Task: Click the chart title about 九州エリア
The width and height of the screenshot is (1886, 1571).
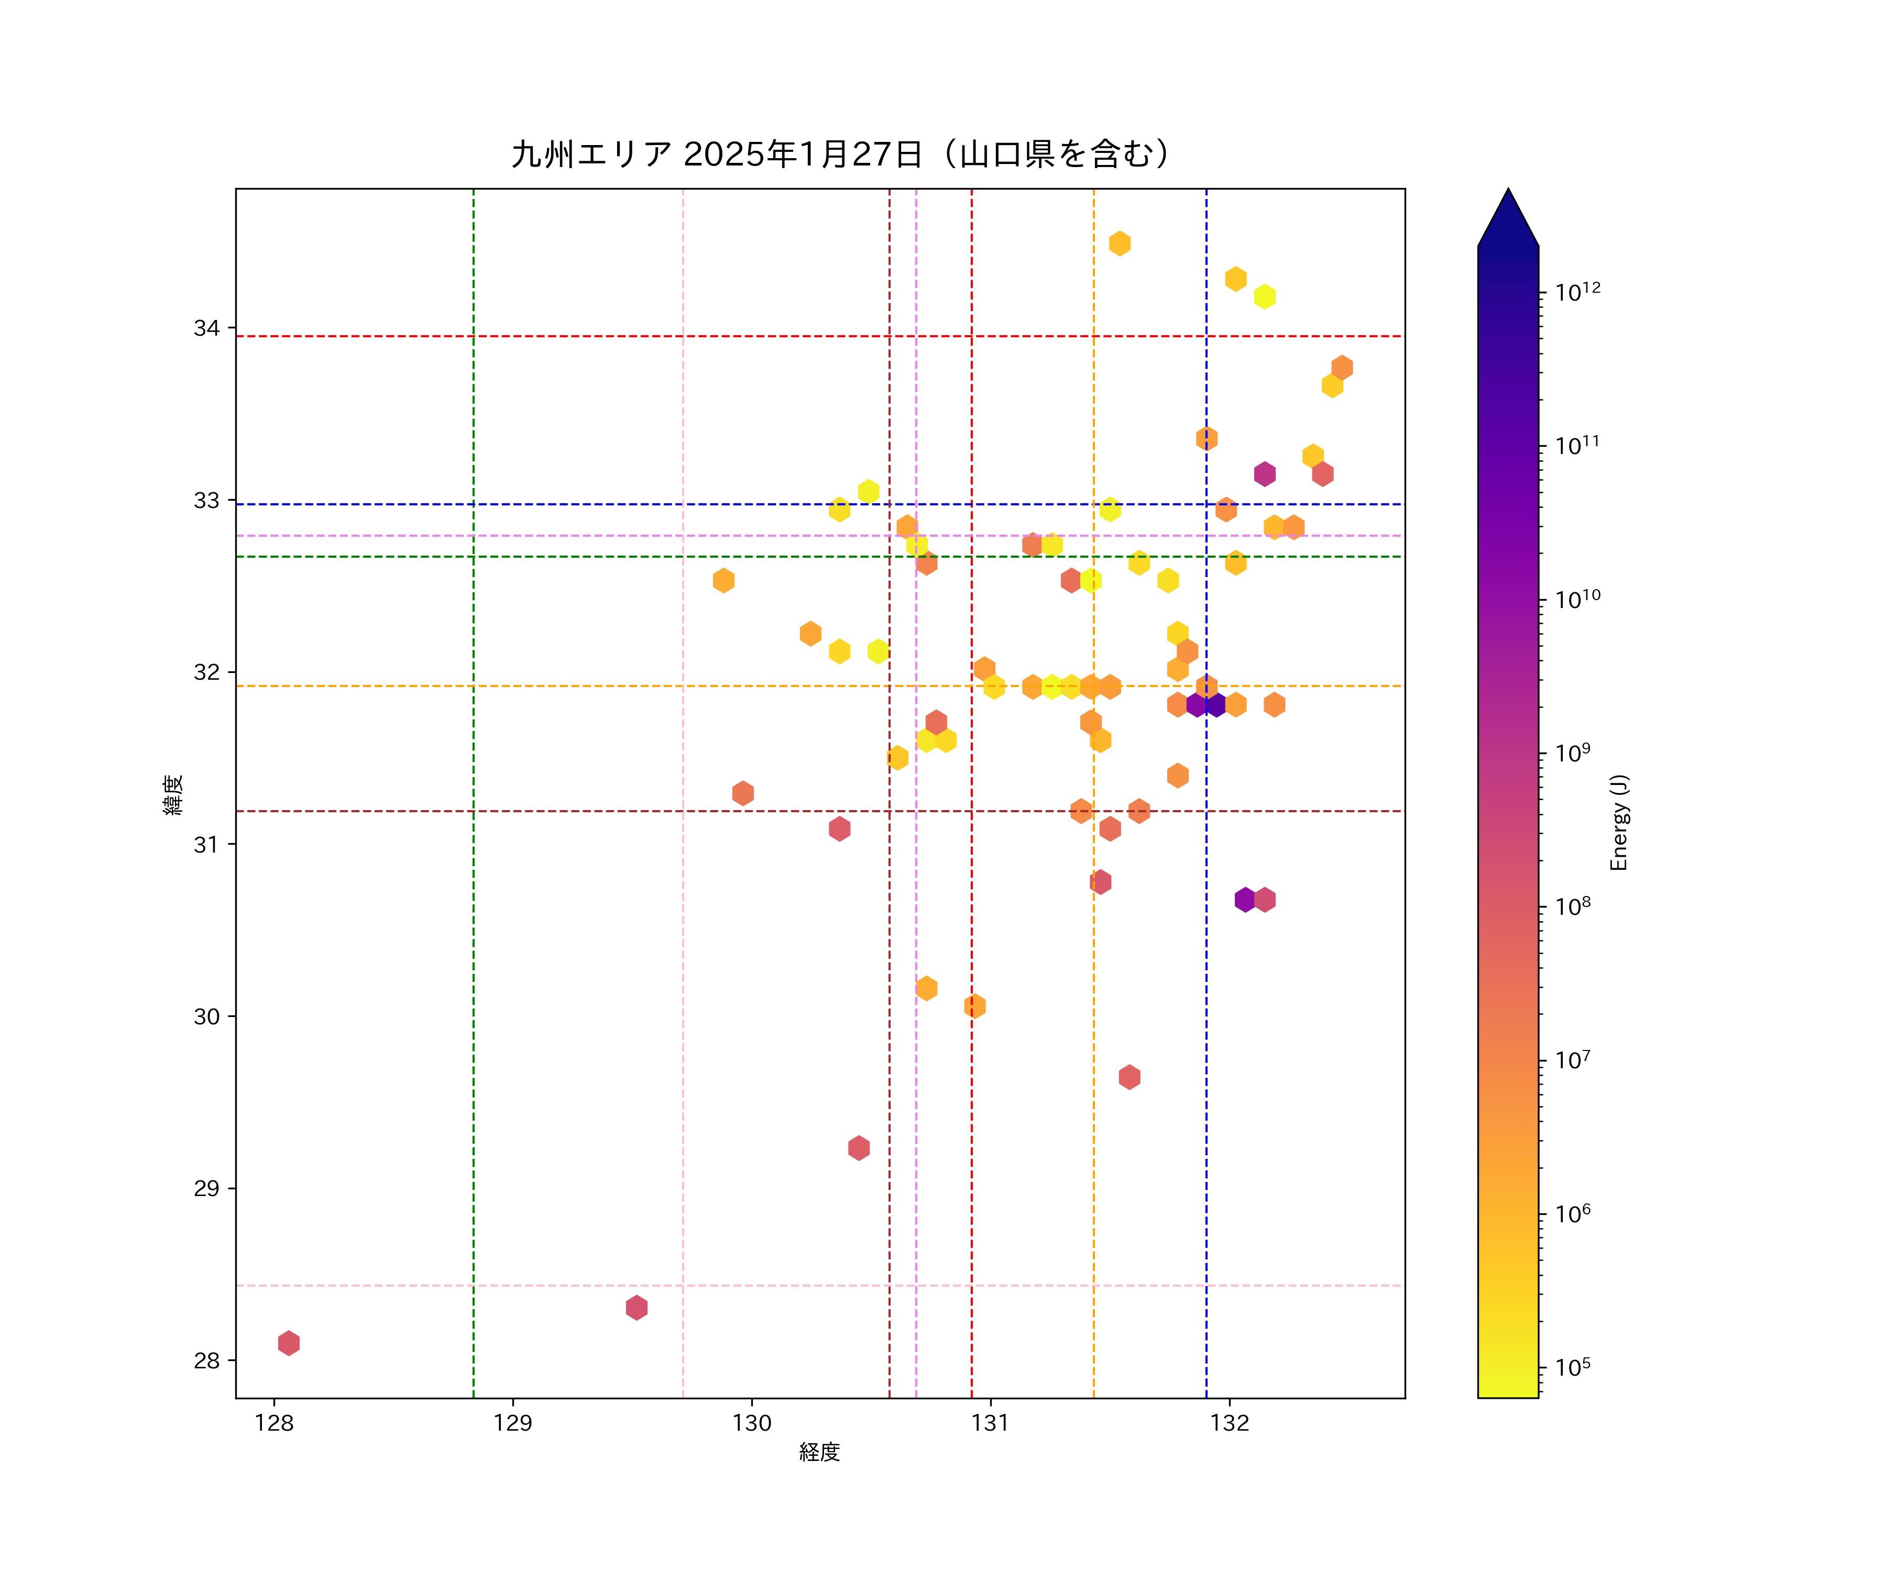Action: [841, 154]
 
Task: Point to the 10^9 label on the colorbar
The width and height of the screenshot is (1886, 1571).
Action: [1573, 753]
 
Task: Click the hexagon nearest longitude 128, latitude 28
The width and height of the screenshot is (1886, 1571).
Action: [288, 1343]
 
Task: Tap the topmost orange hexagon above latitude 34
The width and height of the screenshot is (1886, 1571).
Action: [1119, 244]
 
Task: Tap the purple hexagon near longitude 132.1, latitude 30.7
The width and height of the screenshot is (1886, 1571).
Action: [1245, 900]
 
